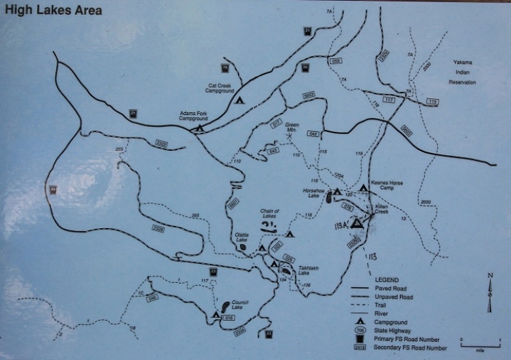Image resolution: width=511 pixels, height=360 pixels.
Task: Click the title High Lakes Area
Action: click(x=53, y=11)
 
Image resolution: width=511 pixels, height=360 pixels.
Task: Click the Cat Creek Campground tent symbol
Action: click(x=239, y=100)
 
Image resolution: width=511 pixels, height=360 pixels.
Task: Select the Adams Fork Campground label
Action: click(x=194, y=116)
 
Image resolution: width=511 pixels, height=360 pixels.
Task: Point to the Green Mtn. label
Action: click(x=292, y=127)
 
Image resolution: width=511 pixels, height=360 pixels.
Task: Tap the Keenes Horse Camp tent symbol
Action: click(x=363, y=189)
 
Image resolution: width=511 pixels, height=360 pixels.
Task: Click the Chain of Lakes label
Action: click(x=270, y=214)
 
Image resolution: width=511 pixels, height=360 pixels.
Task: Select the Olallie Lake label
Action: click(x=241, y=237)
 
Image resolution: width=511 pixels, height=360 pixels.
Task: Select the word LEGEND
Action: click(x=386, y=279)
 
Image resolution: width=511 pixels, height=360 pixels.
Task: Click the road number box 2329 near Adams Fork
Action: click(x=161, y=143)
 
